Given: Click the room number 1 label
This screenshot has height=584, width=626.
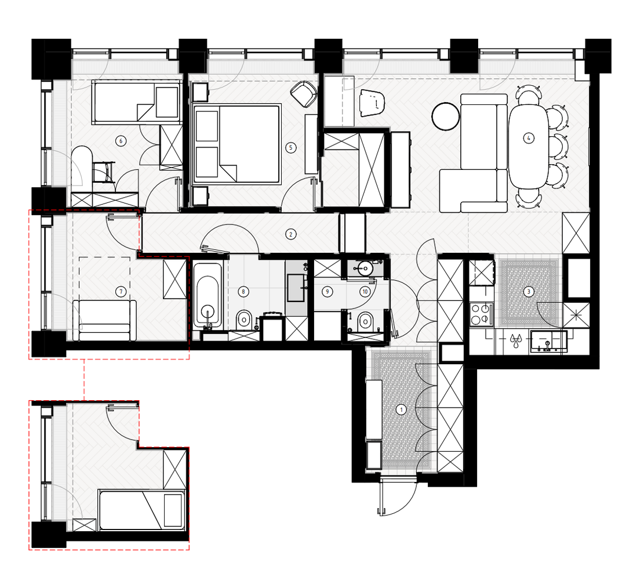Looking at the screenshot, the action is [x=402, y=409].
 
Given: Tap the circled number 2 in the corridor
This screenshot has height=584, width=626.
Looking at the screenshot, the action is [x=290, y=234].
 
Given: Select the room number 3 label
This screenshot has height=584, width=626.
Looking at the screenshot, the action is [x=529, y=291].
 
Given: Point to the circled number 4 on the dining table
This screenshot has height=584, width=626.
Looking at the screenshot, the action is [x=529, y=138].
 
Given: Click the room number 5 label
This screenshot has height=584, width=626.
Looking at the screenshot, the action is [x=290, y=147].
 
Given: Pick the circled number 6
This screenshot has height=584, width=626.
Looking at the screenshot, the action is [x=121, y=140].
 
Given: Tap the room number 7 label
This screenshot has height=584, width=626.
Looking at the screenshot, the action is [x=121, y=292].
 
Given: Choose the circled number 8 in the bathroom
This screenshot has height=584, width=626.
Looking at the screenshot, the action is [x=243, y=292].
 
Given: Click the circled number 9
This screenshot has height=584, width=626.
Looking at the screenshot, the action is [x=327, y=292].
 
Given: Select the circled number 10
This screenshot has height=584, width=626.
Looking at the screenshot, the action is [x=365, y=292].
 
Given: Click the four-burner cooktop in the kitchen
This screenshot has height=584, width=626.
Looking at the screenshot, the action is [x=481, y=314].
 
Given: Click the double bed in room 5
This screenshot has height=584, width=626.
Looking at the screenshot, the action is [x=236, y=144].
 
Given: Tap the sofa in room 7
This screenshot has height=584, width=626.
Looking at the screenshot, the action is [x=104, y=320].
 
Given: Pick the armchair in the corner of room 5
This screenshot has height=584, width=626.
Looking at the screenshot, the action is [x=304, y=94].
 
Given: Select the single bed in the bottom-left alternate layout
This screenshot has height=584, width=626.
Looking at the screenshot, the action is [x=142, y=510].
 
